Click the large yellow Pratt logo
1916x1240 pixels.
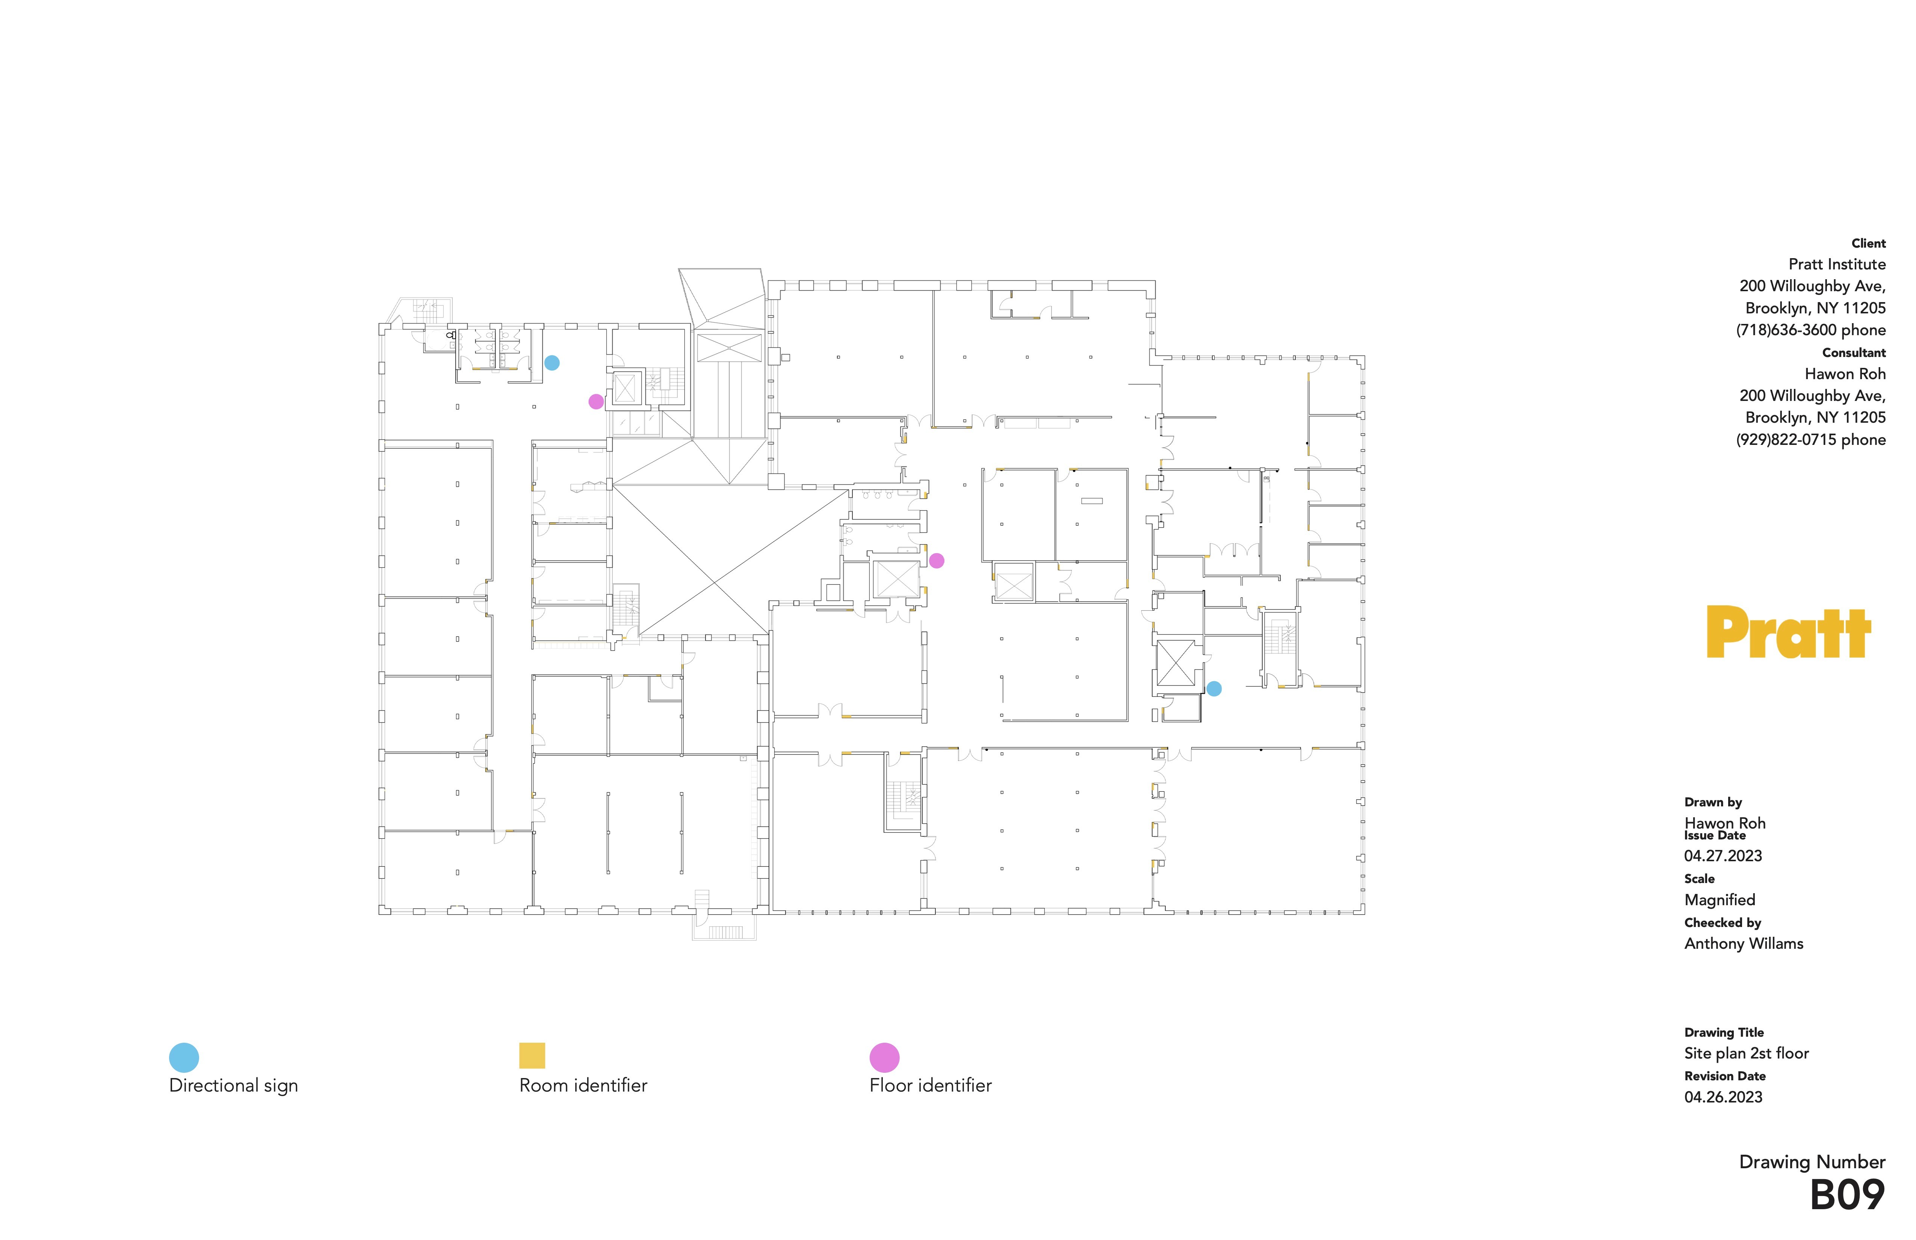[1788, 633]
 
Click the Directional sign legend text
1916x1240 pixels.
[233, 1086]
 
